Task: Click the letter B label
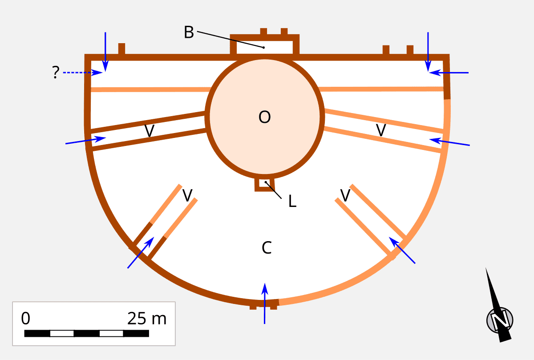[x=189, y=32]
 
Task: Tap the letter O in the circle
[x=264, y=117]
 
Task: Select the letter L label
[x=292, y=202]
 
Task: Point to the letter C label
[x=267, y=248]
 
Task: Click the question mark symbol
[x=55, y=73]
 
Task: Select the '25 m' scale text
[x=146, y=319]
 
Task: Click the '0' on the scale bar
[x=26, y=319]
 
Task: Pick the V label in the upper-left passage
[x=150, y=131]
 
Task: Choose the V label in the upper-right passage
[x=380, y=130]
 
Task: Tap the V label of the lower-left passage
[x=188, y=195]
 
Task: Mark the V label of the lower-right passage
[x=345, y=194]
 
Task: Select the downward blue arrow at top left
[x=105, y=51]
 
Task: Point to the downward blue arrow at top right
[x=428, y=51]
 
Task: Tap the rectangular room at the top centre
[x=264, y=46]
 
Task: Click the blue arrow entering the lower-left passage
[x=141, y=253]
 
